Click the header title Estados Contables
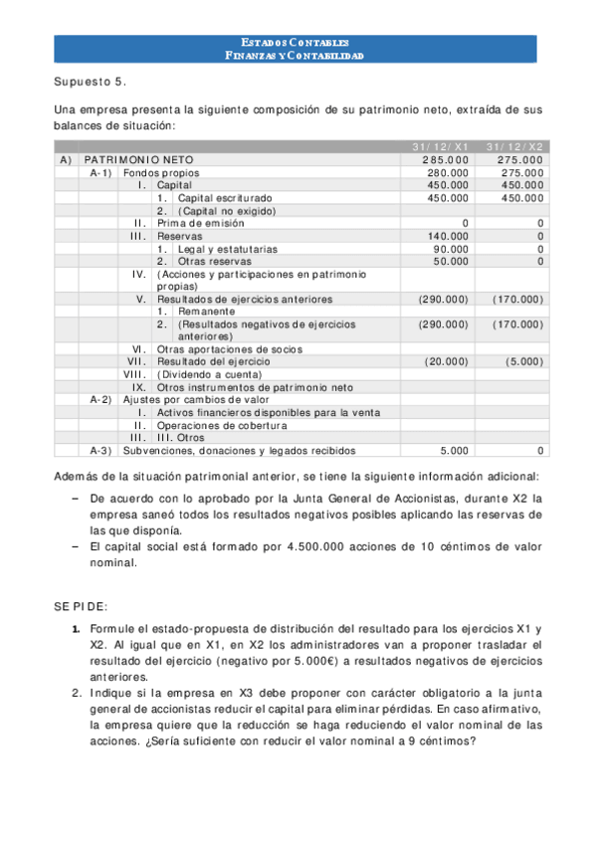295,43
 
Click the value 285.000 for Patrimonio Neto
445,160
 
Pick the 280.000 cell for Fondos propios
445,173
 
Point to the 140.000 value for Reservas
445,236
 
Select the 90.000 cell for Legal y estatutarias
448,249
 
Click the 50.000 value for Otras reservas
448,261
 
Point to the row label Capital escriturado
224,198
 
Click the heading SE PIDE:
82,606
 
